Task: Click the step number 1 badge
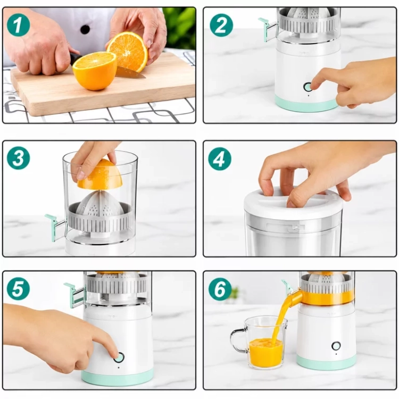click(18, 24)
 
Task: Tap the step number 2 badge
click(221, 25)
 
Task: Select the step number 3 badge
click(18, 158)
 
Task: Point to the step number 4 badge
click(220, 159)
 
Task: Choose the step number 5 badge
click(18, 288)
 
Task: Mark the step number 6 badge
click(220, 289)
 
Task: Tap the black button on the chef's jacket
click(85, 29)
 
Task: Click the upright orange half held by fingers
click(127, 52)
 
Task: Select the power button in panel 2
click(307, 87)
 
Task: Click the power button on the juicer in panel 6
click(336, 346)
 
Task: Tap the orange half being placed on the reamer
click(100, 174)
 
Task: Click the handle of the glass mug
click(238, 340)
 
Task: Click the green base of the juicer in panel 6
click(326, 362)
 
